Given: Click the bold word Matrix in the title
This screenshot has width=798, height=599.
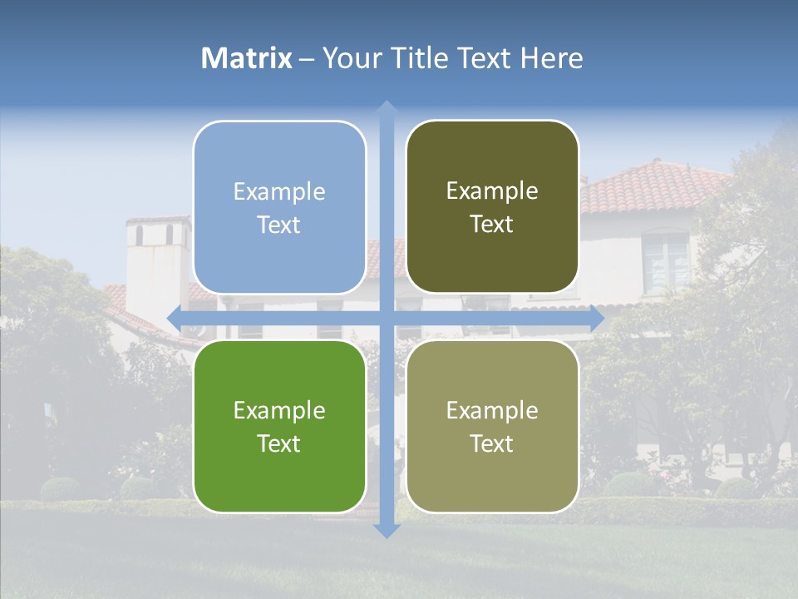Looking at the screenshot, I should point(247,58).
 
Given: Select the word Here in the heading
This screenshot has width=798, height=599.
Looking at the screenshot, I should point(552,58).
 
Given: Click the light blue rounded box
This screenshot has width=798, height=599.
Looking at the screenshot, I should point(279,207).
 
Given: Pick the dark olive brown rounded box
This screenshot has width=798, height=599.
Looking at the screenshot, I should point(492,207).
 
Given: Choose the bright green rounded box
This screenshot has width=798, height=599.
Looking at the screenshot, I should point(279,426).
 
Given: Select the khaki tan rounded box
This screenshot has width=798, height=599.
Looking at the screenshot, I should point(492,426).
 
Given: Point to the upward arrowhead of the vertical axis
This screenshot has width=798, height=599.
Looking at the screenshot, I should point(386,109).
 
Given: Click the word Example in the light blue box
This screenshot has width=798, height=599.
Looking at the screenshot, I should point(279,192).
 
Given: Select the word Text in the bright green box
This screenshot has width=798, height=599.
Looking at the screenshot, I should point(279,443).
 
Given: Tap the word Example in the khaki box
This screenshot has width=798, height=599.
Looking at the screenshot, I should point(492,410).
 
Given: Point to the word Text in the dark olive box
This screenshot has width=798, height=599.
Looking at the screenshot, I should point(492,225).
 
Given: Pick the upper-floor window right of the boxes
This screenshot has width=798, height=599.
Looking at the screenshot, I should point(666,260).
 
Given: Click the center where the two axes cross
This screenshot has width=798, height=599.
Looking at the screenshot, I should point(386,319).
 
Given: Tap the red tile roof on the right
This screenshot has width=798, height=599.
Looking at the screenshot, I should point(648,187).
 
